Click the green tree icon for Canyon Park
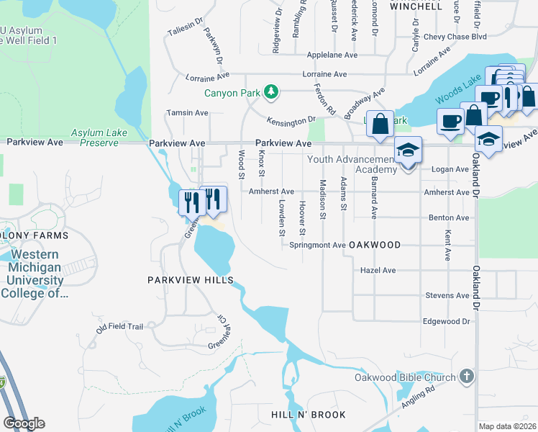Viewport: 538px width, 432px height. [x=271, y=91]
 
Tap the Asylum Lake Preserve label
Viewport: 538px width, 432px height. [x=94, y=138]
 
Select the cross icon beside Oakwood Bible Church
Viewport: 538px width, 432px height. [x=467, y=377]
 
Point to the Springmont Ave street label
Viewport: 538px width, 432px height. [x=317, y=245]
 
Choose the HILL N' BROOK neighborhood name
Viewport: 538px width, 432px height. [x=309, y=415]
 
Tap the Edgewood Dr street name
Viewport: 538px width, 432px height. [x=446, y=321]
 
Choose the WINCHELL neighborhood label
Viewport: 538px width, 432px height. [x=416, y=6]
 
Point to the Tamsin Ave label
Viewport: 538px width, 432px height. [x=187, y=113]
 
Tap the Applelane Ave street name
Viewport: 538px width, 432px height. [x=332, y=55]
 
